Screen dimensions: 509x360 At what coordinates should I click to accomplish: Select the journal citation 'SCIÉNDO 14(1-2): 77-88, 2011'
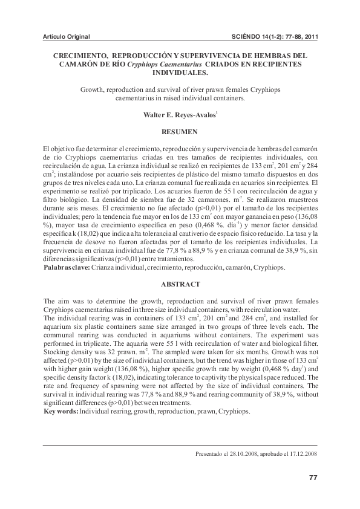click(275, 36)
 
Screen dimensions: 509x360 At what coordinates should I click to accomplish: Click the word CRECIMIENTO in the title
click(80, 55)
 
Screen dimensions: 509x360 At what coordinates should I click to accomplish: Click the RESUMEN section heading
click(180, 131)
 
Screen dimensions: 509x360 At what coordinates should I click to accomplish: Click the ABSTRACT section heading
click(180, 284)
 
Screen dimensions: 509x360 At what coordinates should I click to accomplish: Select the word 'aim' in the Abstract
click(63, 301)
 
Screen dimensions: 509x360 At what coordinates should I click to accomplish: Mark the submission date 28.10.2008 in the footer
click(243, 453)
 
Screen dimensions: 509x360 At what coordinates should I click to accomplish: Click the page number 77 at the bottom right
click(313, 478)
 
